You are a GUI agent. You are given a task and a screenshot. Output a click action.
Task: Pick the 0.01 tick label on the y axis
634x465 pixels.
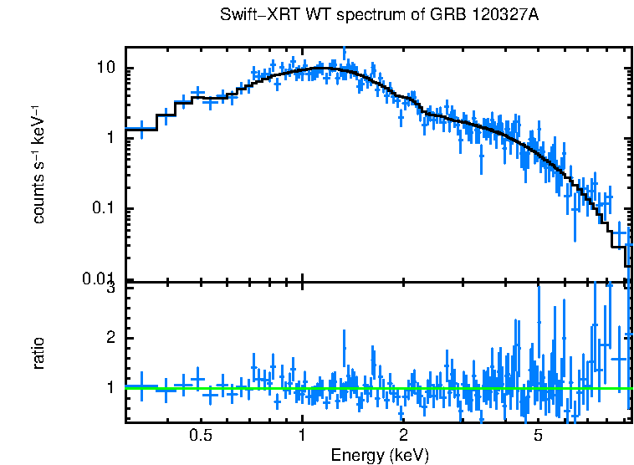[x=99, y=278]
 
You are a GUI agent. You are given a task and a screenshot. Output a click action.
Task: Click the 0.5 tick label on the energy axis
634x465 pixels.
[x=200, y=436]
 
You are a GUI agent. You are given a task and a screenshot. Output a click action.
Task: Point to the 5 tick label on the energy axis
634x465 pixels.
[x=538, y=436]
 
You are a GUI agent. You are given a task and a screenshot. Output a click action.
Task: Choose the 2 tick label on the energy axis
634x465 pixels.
[x=403, y=436]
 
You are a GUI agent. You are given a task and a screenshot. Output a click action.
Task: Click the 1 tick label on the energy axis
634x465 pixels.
[x=302, y=436]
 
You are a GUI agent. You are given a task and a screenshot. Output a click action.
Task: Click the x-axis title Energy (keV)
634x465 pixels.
[x=380, y=455]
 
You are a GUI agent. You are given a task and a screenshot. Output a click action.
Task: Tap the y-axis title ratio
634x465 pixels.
[x=38, y=353]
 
